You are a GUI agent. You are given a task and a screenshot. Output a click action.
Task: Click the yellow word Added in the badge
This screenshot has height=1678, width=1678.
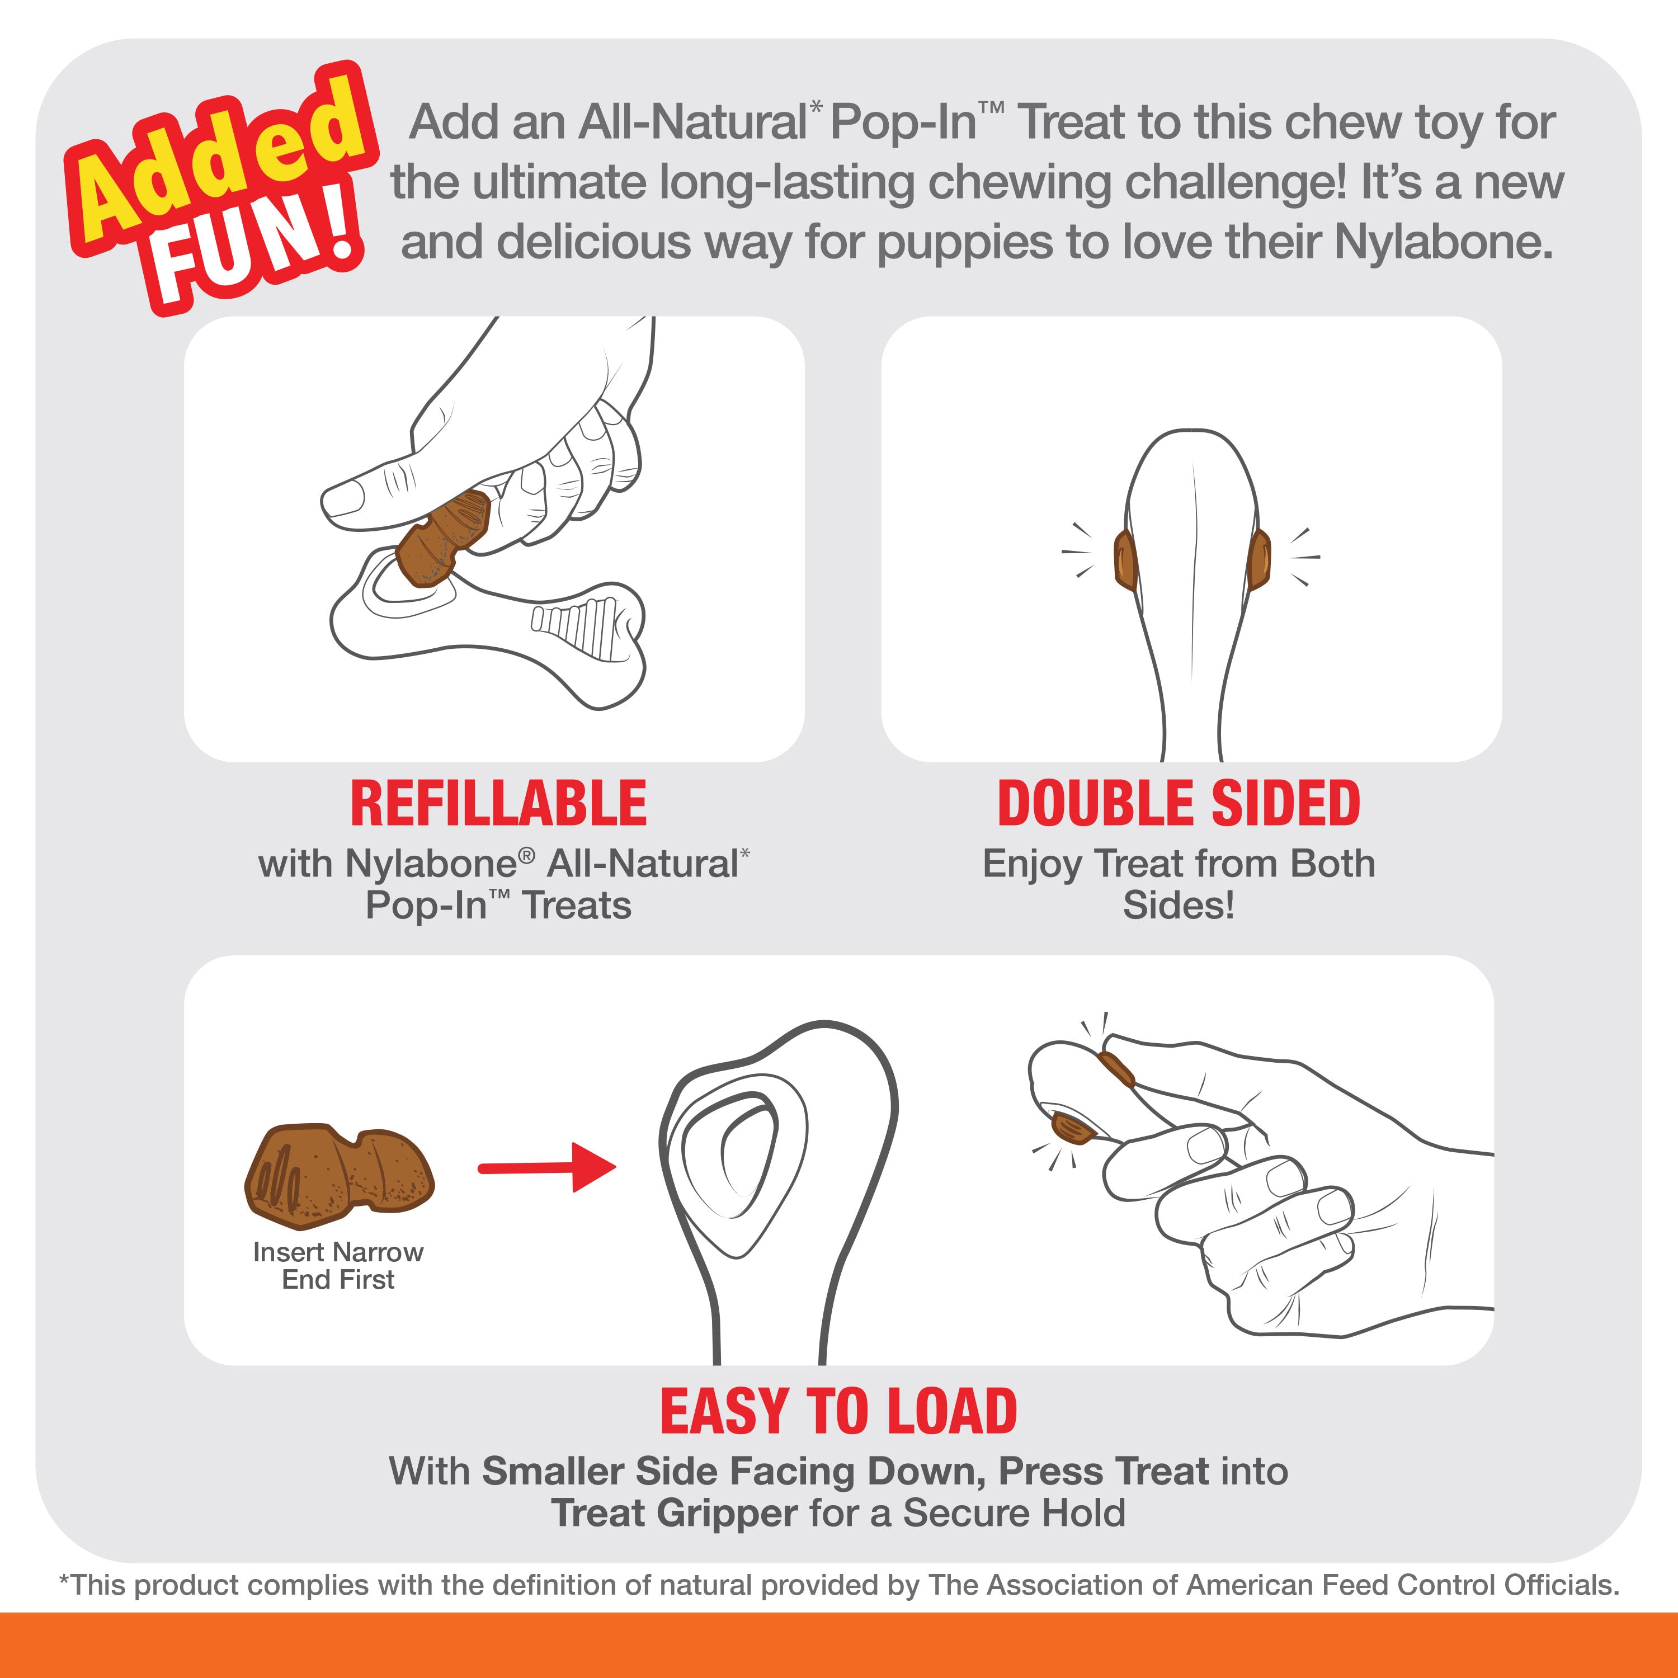[x=217, y=161]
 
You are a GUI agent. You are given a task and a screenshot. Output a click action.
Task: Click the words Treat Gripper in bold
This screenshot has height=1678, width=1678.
[x=674, y=1513]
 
